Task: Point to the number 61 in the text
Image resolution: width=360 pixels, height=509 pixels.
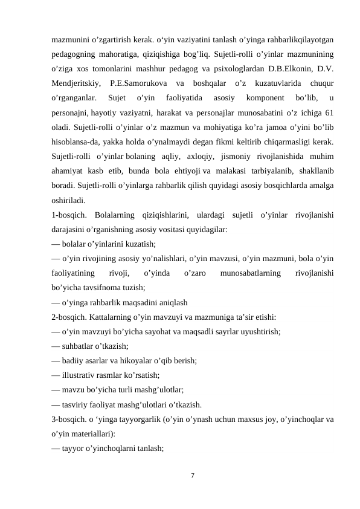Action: click(332, 112)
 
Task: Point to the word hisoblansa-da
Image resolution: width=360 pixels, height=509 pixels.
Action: click(77, 142)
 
